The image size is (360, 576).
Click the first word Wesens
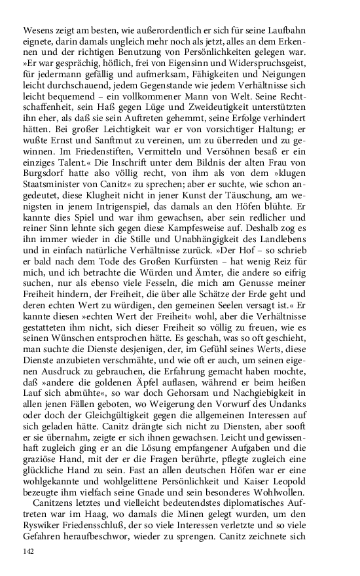point(38,30)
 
